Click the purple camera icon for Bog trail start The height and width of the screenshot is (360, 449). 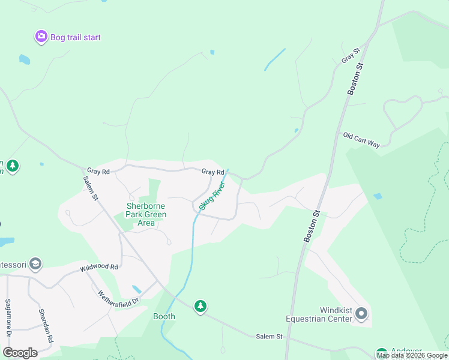click(x=41, y=37)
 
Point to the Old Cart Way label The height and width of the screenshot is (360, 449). click(x=361, y=140)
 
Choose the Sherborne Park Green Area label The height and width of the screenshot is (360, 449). click(x=146, y=214)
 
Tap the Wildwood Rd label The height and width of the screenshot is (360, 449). click(x=100, y=267)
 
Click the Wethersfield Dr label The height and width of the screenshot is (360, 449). click(x=119, y=296)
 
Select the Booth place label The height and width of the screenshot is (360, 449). click(x=164, y=316)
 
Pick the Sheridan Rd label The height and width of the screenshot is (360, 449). click(x=42, y=326)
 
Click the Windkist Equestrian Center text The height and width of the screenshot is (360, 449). click(x=319, y=314)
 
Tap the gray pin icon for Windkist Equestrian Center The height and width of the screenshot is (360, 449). click(x=361, y=314)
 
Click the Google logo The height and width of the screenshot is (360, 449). click(x=20, y=352)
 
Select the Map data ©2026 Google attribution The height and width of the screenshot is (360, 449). click(x=412, y=355)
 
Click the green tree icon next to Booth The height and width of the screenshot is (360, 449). click(x=200, y=307)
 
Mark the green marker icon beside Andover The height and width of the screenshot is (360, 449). click(x=381, y=353)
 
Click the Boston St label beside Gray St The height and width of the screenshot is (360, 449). click(x=356, y=79)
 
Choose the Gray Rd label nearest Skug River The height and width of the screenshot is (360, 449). click(x=212, y=172)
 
